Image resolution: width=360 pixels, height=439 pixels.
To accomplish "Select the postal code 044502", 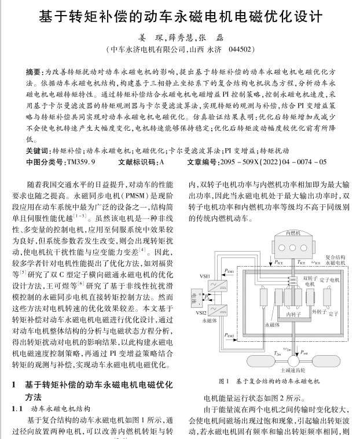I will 238,50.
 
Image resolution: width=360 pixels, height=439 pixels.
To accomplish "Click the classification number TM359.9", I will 81,163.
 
